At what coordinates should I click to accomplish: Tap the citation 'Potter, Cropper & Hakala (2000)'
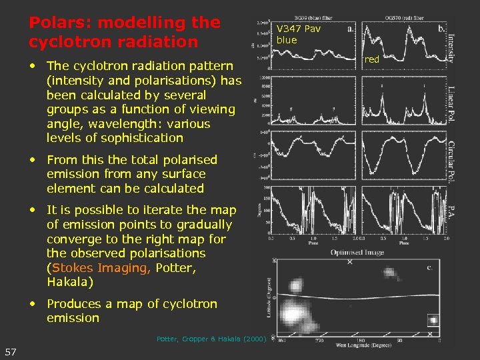click(x=211, y=339)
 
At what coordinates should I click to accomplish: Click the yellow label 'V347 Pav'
click(x=299, y=29)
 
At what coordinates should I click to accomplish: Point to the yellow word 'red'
click(x=372, y=59)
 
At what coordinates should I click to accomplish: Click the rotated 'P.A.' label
click(x=451, y=213)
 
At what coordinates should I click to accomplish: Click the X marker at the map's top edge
click(x=350, y=262)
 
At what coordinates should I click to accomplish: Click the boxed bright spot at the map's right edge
click(x=433, y=321)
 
